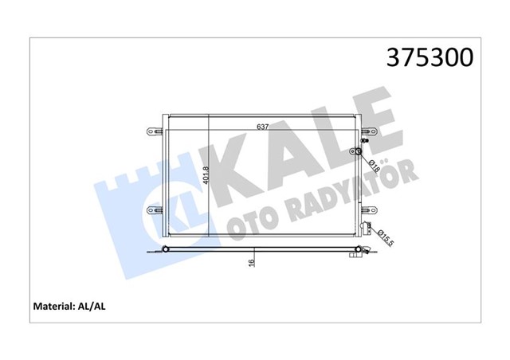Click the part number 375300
coord(429,58)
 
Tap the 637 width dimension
coord(262,126)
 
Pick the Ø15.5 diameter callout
coord(383,238)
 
